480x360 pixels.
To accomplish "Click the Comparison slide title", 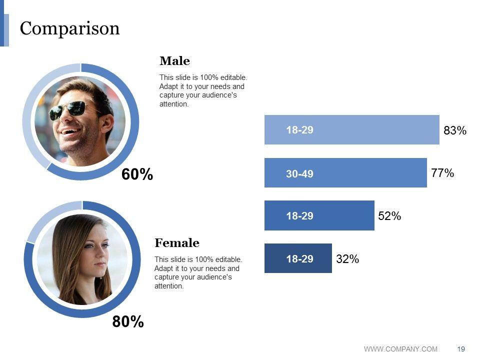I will coord(70,28).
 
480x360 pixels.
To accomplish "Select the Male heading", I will coord(174,61).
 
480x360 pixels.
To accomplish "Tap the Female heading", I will coord(176,243).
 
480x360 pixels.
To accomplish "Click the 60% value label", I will coord(137,174).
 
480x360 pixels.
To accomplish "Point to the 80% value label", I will coord(128,322).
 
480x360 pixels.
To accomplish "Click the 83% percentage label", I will coord(455,131).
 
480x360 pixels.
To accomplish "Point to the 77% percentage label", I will coord(442,173).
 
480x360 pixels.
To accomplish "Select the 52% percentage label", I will coord(389,216).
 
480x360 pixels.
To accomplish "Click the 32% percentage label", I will coord(347,259).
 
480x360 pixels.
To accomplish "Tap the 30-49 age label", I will coord(299,174).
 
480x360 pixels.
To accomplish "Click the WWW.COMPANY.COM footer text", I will coord(400,349).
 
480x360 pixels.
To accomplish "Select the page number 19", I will coord(461,349).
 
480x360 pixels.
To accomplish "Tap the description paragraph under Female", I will coord(198,273).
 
